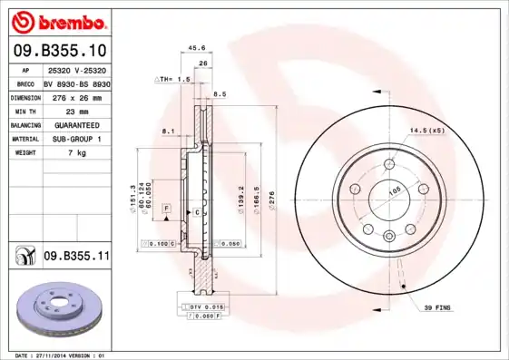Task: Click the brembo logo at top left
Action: [56, 20]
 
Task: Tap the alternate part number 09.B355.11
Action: [76, 257]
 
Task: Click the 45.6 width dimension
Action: [195, 48]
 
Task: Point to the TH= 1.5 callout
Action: [172, 79]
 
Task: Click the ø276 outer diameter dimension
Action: [271, 196]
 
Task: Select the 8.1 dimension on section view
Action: [167, 132]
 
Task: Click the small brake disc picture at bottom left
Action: [56, 308]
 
